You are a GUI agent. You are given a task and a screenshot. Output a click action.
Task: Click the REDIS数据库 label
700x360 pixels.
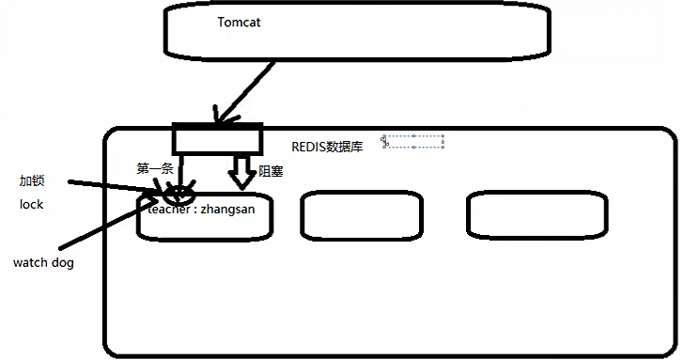[x=328, y=147]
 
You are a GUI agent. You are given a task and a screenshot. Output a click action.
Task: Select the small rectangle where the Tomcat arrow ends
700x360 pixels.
[x=215, y=139]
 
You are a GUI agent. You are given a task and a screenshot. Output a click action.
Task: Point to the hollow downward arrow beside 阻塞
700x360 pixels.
[x=241, y=172]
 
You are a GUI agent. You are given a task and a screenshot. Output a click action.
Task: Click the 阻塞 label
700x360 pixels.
[x=271, y=172]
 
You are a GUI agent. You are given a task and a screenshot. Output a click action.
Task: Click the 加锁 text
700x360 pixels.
[x=32, y=180]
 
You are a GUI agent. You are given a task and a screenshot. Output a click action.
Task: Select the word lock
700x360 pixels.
[x=31, y=204]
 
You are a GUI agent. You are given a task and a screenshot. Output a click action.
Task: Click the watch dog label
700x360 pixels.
[x=43, y=263]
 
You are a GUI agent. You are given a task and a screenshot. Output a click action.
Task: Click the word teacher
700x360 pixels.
[x=169, y=209]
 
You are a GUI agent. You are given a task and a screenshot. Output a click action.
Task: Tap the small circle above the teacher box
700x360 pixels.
[x=177, y=196]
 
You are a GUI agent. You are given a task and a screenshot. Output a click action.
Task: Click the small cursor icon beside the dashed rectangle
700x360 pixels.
[x=384, y=140]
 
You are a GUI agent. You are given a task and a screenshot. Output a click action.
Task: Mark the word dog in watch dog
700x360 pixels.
[x=63, y=263]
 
